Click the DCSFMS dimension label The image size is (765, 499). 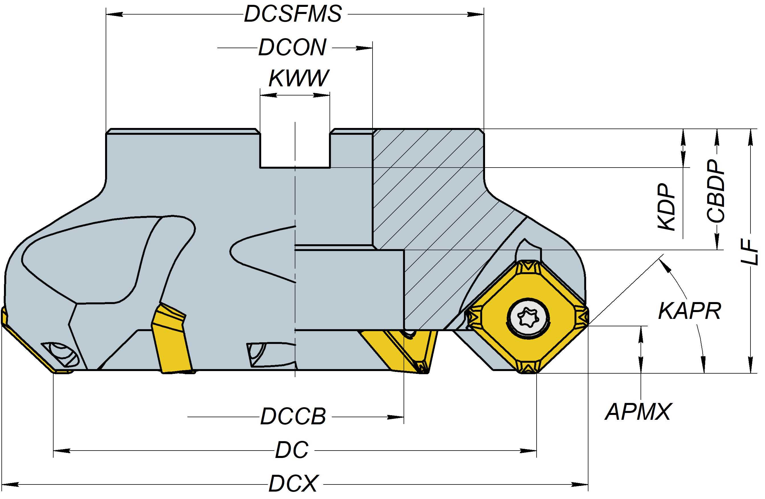coord(293,14)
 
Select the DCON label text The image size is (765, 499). coord(292,48)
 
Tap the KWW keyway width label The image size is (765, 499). coord(298,78)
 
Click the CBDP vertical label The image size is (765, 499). coord(715,191)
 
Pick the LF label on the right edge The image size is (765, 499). coord(750,252)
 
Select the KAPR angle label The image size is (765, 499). coord(690,311)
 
